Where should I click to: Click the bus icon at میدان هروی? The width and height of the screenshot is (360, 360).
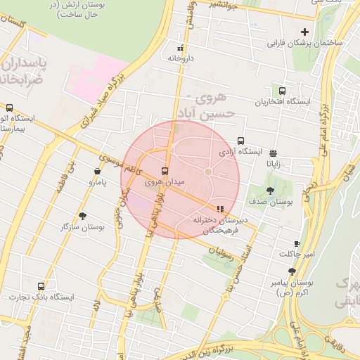coord(165,171)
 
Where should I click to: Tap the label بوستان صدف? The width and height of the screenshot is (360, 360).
coord(276,202)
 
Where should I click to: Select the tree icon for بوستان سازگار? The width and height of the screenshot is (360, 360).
coord(84,216)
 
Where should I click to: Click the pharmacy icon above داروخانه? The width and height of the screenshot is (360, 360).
coord(181,49)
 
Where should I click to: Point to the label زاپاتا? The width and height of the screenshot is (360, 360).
coord(273,163)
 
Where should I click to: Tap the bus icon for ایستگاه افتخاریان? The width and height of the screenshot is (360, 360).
coord(282,91)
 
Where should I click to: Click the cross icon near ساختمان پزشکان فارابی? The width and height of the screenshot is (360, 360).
coord(304,32)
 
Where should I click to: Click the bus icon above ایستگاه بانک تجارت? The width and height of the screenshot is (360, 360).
coord(41,286)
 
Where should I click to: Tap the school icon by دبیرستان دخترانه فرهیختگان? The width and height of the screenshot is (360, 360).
coord(220,209)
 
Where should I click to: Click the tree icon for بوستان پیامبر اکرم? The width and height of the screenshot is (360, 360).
coord(292,271)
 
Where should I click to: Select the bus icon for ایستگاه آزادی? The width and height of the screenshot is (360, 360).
coord(241,141)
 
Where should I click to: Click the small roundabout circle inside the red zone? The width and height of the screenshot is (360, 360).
coord(208,172)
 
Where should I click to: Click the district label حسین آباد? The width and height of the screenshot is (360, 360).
coord(209,112)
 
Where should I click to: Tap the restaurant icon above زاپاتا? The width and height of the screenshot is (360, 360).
coord(273,153)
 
